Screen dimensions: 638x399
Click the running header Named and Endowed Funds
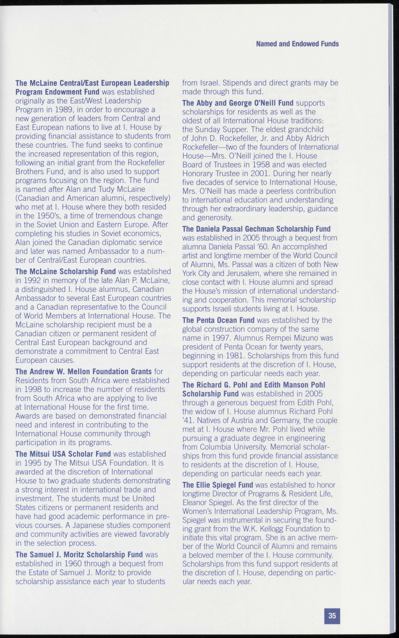click(x=297, y=44)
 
